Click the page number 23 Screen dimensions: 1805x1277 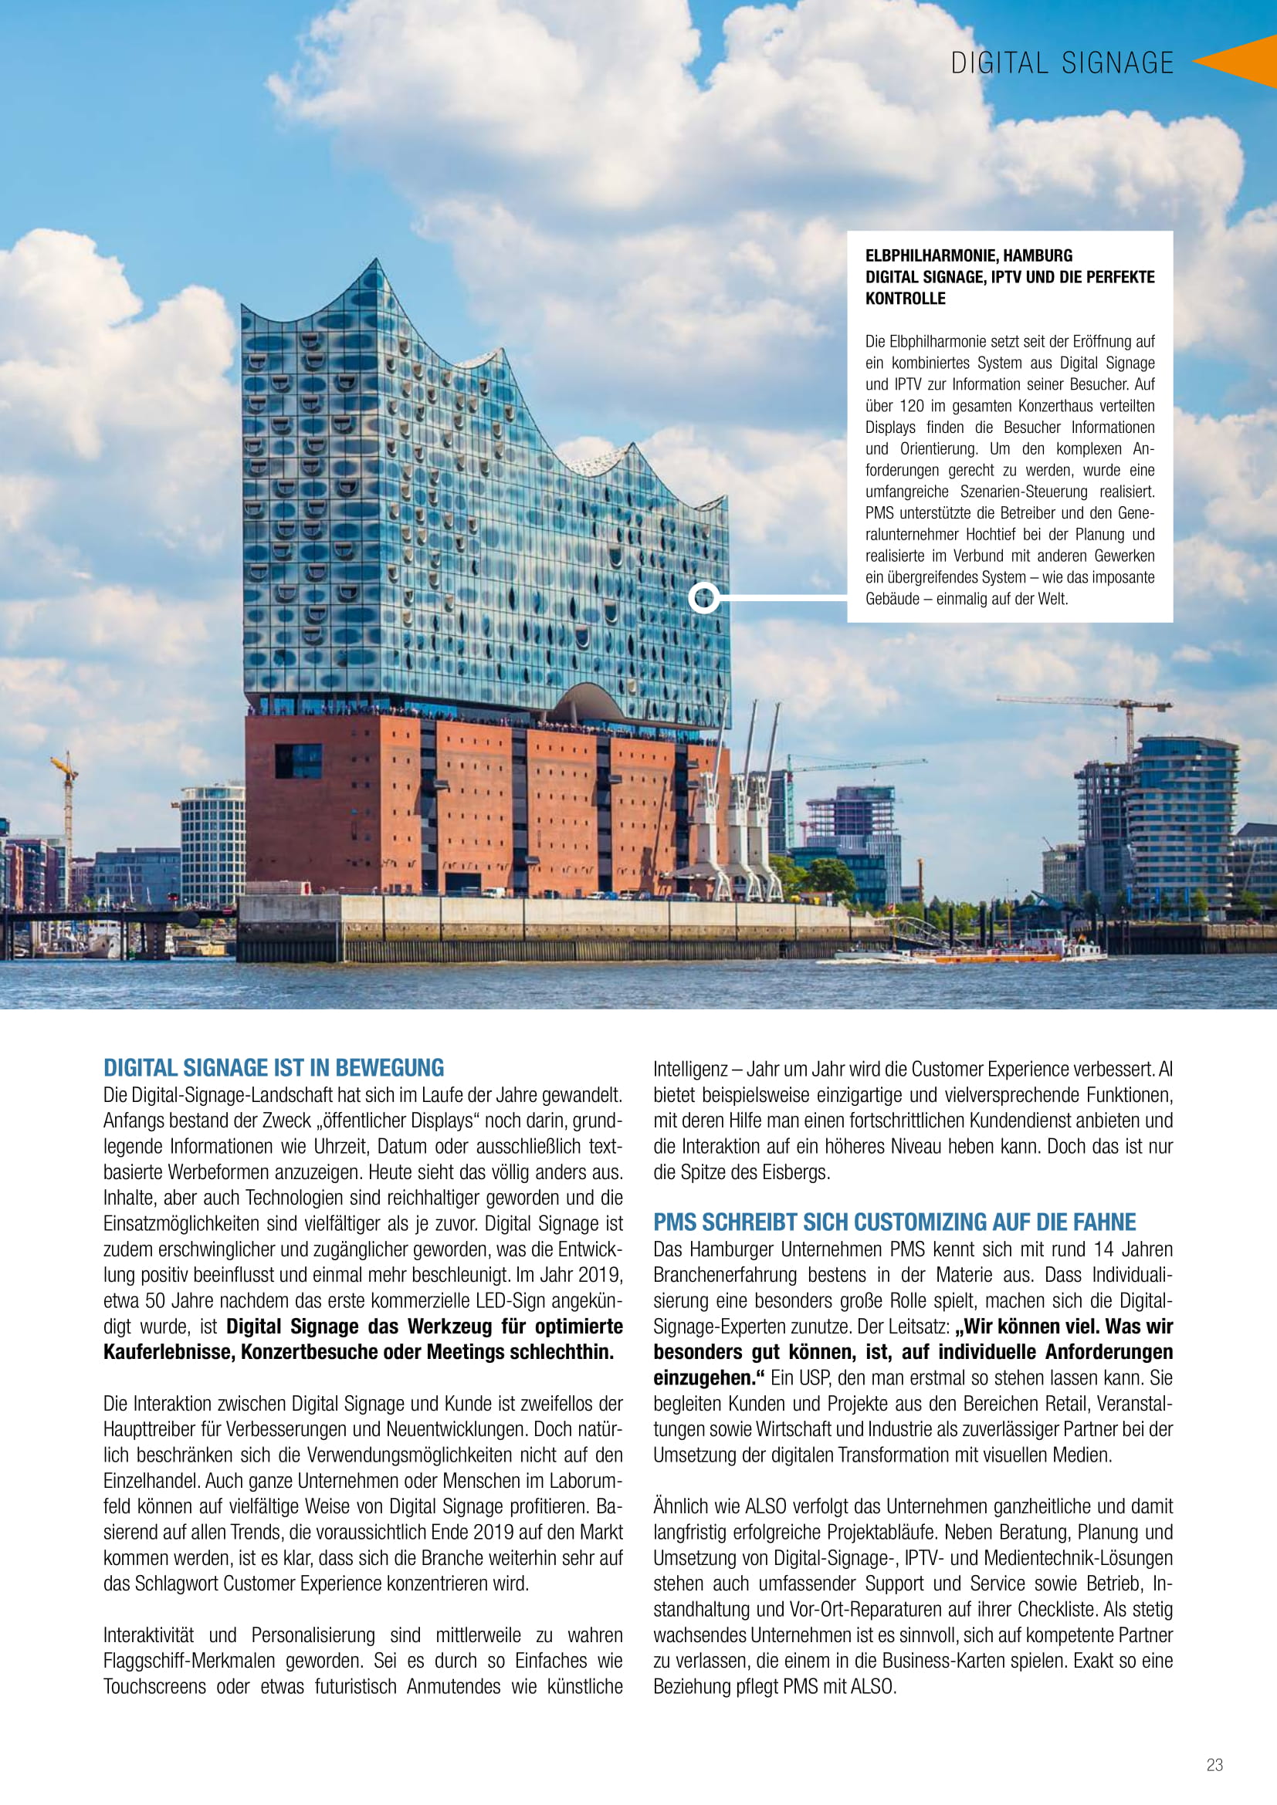click(1214, 1765)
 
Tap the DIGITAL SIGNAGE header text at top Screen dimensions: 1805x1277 click(1062, 63)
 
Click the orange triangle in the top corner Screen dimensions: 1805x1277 click(1241, 60)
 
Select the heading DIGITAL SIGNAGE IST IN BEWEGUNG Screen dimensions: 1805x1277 click(273, 1067)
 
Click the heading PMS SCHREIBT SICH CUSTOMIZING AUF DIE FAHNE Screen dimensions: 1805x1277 click(894, 1222)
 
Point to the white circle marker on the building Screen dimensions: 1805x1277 click(704, 598)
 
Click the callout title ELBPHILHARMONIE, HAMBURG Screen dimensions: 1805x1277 click(968, 255)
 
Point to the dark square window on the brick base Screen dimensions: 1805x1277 click(298, 760)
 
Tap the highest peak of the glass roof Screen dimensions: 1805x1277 click(377, 263)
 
